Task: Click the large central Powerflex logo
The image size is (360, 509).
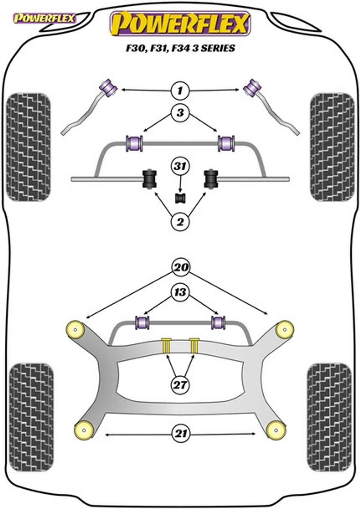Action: click(180, 23)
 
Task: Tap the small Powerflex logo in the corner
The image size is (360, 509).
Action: click(44, 19)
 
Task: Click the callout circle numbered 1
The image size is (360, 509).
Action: click(180, 90)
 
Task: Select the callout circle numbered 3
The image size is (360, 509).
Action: click(180, 113)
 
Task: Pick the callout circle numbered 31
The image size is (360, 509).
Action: click(180, 166)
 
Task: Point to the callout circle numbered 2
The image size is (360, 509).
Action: click(180, 222)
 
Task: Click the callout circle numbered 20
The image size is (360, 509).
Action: click(180, 267)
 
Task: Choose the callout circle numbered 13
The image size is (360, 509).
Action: click(180, 292)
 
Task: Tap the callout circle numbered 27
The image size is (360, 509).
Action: click(180, 385)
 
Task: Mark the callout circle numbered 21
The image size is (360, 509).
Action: click(181, 434)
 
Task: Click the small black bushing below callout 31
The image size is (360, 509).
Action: click(180, 198)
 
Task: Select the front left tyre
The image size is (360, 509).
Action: click(28, 147)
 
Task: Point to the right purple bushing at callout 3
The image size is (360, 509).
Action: click(226, 143)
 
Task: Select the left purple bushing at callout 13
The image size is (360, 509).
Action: click(142, 322)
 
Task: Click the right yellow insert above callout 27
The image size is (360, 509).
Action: click(194, 346)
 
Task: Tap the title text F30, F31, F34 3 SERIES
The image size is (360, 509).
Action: click(180, 48)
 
